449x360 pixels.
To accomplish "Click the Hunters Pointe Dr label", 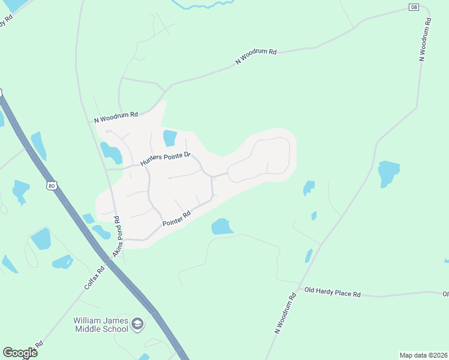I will coord(165,159).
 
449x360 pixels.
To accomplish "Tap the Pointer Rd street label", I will coord(176,219).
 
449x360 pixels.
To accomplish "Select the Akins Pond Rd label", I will coord(118,236).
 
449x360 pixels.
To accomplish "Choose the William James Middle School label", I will coord(101,325).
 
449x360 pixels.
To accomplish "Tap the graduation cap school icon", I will coord(137,325).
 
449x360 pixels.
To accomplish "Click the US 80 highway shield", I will coord(52,185).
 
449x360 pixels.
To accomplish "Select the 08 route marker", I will coord(414,7).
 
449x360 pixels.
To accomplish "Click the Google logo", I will coord(20,352).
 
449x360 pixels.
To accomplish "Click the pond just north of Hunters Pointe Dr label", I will coord(170,138).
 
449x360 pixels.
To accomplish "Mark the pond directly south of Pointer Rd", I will coord(221,226).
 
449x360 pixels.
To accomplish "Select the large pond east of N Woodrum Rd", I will coord(388,173).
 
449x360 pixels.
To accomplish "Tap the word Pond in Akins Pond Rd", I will coord(118,233).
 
